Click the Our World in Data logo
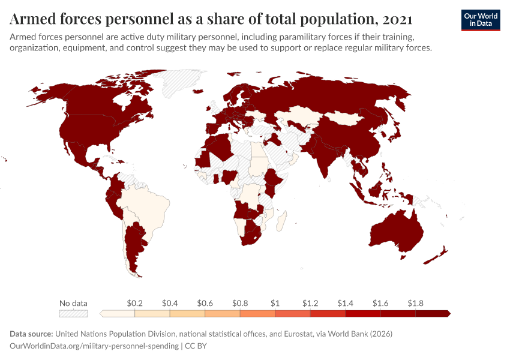[480, 20]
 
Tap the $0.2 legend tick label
[134, 302]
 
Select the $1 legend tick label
[275, 302]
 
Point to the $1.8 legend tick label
[415, 302]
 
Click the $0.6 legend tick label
[205, 302]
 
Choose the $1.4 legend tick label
[345, 302]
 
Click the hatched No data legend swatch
[73, 313]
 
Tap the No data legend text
[73, 302]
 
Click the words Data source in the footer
[31, 334]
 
